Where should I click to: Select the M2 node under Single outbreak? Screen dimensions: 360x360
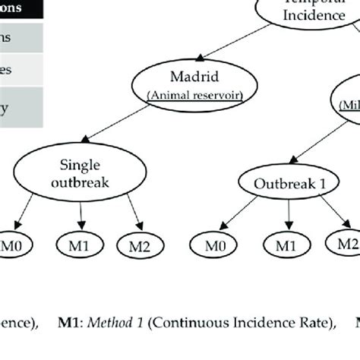(x=138, y=245)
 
